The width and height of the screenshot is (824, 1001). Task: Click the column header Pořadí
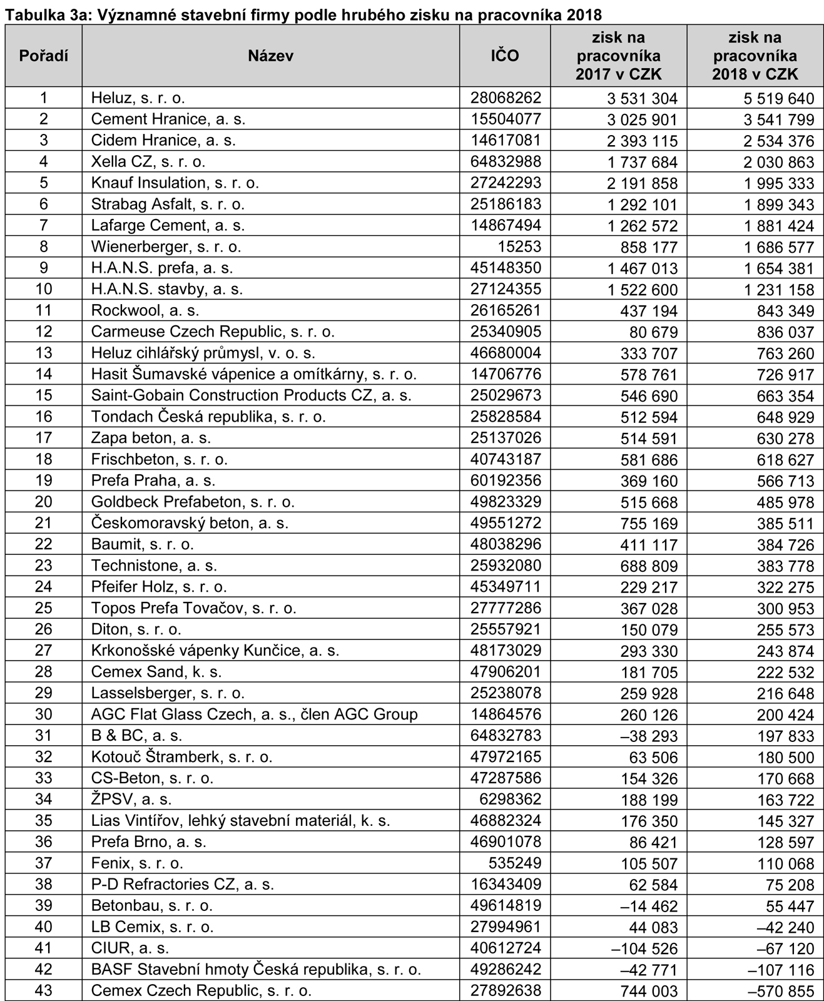pyautogui.click(x=43, y=56)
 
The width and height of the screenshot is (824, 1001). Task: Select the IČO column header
pyautogui.click(x=504, y=56)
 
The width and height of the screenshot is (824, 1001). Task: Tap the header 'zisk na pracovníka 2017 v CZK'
pyautogui.click(x=618, y=56)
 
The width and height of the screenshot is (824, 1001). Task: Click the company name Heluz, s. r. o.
pyautogui.click(x=138, y=98)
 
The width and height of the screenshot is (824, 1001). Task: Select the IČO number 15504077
pyautogui.click(x=506, y=119)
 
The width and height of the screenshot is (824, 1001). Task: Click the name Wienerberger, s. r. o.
pyautogui.click(x=166, y=246)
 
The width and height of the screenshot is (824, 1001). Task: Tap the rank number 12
pyautogui.click(x=43, y=332)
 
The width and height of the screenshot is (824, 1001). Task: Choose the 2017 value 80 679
pyautogui.click(x=653, y=332)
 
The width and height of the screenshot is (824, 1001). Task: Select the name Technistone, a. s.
pyautogui.click(x=154, y=566)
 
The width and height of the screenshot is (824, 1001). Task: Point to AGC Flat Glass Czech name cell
pyautogui.click(x=254, y=714)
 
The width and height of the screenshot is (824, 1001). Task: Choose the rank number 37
pyautogui.click(x=43, y=863)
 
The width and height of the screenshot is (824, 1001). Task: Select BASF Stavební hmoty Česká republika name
pyautogui.click(x=256, y=970)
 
